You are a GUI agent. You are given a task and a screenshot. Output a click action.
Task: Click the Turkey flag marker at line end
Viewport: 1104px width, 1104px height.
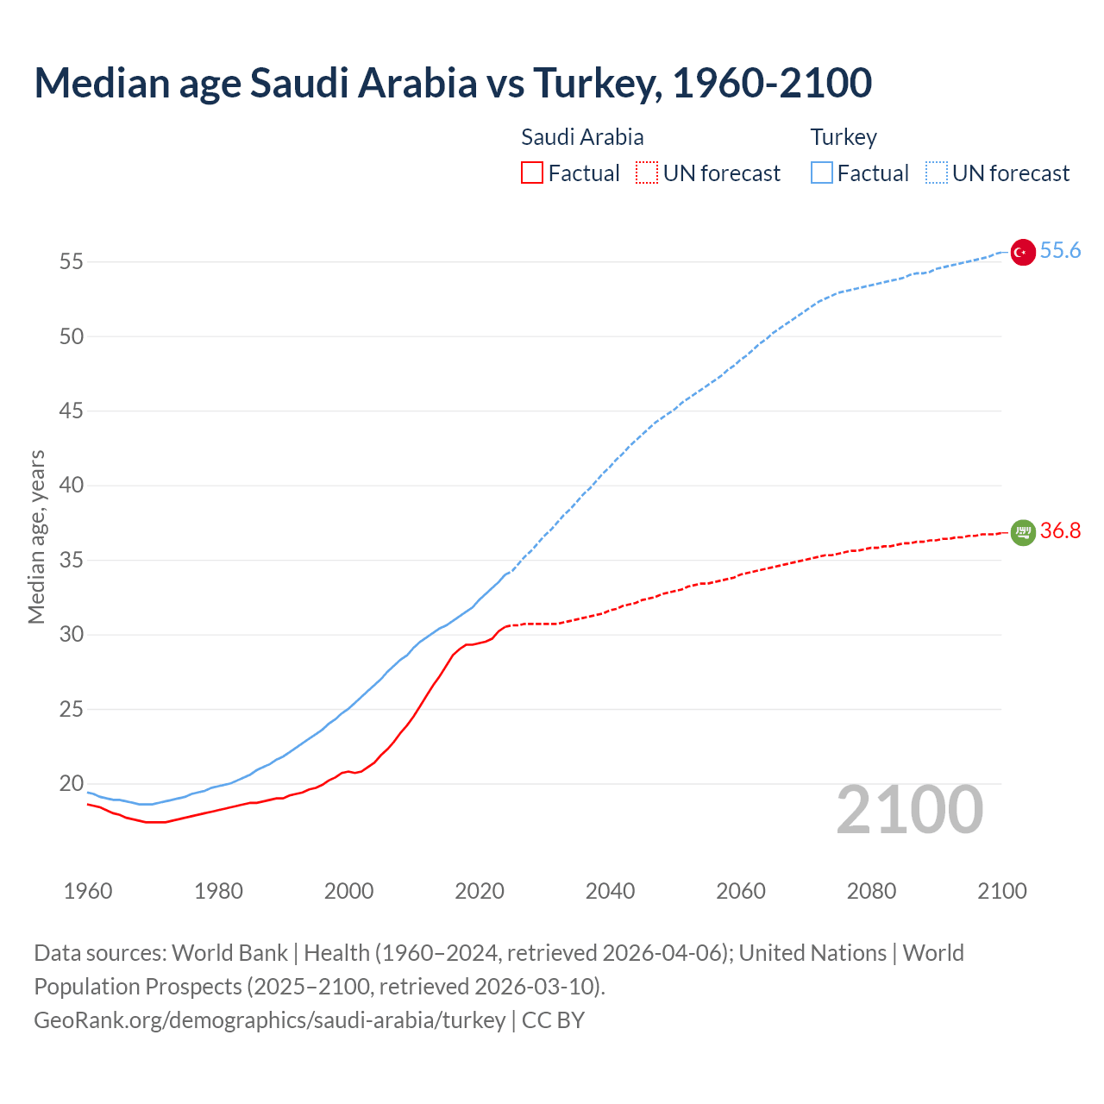coord(1022,252)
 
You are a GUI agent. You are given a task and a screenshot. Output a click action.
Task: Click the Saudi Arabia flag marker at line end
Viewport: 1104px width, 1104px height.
coord(1022,533)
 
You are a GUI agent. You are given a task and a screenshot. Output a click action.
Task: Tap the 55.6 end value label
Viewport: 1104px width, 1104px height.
coord(1060,250)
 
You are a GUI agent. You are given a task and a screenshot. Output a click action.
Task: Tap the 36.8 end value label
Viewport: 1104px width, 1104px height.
coord(1060,530)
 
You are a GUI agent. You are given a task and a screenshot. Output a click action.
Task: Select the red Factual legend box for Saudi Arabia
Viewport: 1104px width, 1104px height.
coord(532,172)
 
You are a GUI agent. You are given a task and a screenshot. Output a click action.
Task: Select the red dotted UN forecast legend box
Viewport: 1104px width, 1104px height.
coord(647,172)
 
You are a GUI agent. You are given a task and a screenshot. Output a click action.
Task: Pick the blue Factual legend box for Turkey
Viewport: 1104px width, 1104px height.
coord(821,172)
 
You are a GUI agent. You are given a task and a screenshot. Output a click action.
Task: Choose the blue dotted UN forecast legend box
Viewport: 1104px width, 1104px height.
coord(936,172)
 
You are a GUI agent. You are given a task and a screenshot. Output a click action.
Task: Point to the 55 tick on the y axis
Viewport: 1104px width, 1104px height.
coord(72,261)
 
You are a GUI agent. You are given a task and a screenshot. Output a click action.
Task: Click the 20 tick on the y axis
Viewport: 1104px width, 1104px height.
coord(72,784)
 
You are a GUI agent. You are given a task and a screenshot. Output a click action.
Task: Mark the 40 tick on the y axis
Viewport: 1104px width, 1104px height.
coord(72,486)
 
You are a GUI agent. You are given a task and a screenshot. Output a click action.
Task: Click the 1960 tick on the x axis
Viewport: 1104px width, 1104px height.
coord(88,891)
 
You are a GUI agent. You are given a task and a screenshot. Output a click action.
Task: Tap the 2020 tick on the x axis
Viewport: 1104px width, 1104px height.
coord(480,891)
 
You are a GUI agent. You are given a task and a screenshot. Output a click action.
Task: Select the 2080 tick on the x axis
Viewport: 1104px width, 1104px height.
coord(871,891)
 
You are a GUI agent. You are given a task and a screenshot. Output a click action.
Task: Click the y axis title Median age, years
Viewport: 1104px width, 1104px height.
coord(36,536)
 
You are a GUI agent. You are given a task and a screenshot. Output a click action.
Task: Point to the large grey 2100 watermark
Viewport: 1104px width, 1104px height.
coord(909,810)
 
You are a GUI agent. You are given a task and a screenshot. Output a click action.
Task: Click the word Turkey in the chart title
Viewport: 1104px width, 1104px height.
coord(596,83)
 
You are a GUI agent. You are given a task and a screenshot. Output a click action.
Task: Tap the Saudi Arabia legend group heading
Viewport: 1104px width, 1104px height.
coord(582,137)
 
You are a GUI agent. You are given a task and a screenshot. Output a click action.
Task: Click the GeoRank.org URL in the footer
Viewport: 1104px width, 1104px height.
coord(269,1020)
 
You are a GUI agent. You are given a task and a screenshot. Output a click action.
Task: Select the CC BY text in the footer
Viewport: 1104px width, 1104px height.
coord(553,1020)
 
